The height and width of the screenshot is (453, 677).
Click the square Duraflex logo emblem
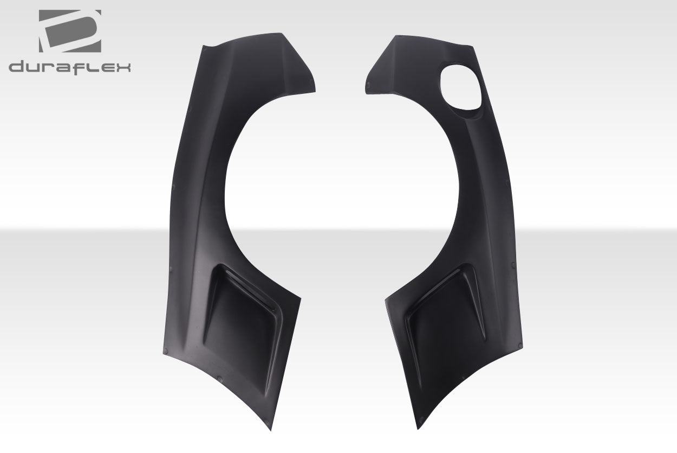pyautogui.click(x=70, y=32)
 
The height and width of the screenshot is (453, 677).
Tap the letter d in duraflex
pyautogui.click(x=17, y=67)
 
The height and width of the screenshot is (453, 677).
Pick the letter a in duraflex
pyautogui.click(x=68, y=68)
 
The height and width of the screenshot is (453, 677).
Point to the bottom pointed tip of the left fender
pyautogui.click(x=271, y=430)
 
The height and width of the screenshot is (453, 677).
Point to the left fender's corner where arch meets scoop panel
pyautogui.click(x=300, y=298)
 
